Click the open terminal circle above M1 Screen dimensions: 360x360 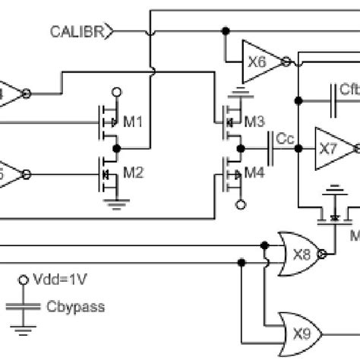[x=115, y=93]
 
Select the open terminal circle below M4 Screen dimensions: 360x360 [x=241, y=204]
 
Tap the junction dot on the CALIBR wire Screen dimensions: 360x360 [x=225, y=31]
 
